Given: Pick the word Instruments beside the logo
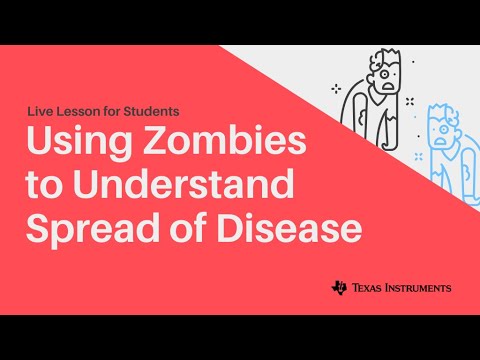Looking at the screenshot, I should tap(419, 288).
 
